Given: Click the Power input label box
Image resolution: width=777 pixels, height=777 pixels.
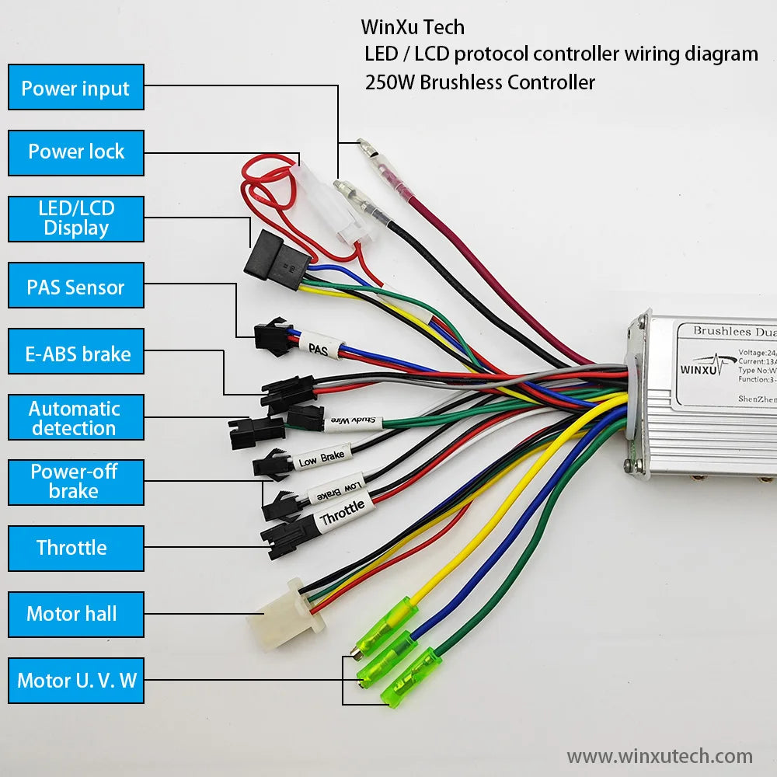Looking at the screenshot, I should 76,88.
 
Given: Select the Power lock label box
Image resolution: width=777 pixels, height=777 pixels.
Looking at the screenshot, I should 76,152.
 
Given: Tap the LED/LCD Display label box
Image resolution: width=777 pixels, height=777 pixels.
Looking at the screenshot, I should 76,218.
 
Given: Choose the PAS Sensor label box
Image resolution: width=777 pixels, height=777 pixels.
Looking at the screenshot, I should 76,287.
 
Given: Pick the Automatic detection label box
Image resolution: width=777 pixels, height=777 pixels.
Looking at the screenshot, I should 76,418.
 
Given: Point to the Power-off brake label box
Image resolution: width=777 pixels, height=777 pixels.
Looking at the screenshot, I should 76,482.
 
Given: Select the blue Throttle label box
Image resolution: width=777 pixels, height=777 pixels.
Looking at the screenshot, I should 76,548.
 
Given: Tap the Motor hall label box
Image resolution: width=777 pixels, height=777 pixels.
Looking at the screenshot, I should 76,614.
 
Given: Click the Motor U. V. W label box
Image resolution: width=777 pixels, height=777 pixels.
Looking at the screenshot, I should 76,681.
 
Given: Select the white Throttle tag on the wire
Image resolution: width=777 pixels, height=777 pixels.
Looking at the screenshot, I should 342,513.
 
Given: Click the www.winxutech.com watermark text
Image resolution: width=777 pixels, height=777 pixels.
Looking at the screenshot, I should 659,756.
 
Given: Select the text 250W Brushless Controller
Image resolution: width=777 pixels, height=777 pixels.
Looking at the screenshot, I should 479,82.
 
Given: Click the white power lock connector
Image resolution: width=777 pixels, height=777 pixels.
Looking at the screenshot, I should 332,204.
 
